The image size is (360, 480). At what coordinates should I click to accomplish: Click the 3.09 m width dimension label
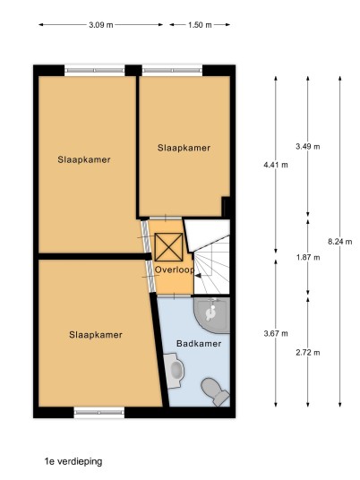coord(101,25)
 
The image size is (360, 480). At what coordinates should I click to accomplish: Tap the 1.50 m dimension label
coord(200,25)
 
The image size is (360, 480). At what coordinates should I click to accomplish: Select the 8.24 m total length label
coord(339,242)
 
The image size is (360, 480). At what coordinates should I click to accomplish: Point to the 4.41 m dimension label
coord(276,165)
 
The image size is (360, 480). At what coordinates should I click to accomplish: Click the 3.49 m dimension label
coord(308,147)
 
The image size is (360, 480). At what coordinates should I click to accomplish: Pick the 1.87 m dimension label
coord(308,257)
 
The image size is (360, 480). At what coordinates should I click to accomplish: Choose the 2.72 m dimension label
coord(308,353)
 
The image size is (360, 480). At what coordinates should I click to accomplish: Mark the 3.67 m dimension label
coord(276,333)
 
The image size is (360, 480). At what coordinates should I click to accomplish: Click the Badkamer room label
coord(199,344)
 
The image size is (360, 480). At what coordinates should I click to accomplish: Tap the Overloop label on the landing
coord(175,270)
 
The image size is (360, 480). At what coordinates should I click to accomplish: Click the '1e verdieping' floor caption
coord(73,461)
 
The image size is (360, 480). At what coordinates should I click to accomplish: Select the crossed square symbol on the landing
coord(168,247)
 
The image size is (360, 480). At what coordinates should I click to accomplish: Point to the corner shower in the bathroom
coord(212,315)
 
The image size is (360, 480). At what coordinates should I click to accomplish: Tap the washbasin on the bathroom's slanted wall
coord(174,371)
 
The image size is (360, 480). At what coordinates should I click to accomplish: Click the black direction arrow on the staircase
coord(198,276)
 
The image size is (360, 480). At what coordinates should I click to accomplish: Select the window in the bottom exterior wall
coord(99,412)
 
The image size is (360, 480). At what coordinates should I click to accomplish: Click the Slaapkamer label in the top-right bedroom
coord(184,148)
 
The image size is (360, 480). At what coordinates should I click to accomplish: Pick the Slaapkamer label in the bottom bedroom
coord(96,335)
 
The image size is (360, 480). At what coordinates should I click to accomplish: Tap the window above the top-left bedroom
coord(95,71)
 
